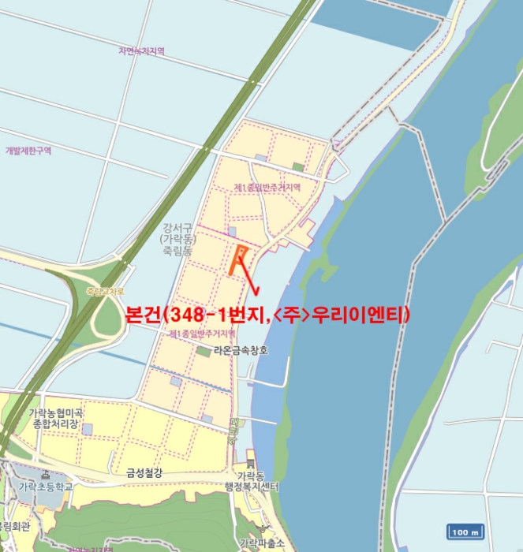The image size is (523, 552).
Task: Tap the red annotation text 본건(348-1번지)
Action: (268, 316)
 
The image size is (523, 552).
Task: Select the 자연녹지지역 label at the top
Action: (141, 51)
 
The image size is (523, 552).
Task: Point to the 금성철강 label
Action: (144, 472)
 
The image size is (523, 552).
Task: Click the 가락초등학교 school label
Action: (46, 487)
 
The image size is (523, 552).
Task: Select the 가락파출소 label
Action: (261, 543)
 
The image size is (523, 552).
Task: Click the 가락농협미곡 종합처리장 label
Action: (56, 419)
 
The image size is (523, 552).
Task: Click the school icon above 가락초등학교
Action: (45, 474)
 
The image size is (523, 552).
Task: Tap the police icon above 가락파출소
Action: (261, 531)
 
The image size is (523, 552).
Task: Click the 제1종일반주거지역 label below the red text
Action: (202, 334)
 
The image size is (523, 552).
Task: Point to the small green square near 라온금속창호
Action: (204, 351)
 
